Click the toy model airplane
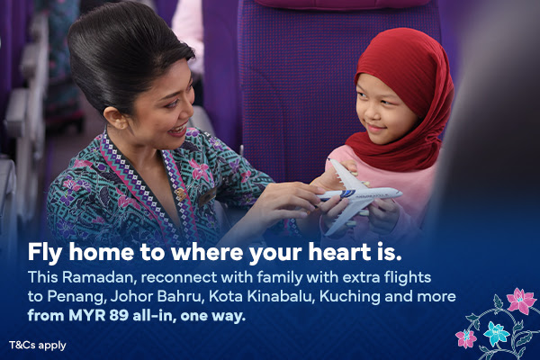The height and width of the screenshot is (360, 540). coord(358,197)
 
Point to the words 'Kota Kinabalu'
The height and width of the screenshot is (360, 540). coord(260,297)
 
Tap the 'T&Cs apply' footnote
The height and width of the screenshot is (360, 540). coord(38,346)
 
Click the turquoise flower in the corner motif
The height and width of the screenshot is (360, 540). coord(496,333)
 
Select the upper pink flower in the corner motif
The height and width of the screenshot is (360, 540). coord(521,301)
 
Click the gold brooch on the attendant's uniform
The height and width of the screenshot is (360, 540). coord(181,194)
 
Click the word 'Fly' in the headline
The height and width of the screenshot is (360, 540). coord(45,253)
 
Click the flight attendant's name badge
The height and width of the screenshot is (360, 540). coord(207,196)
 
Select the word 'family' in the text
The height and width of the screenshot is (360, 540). coord(280,278)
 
